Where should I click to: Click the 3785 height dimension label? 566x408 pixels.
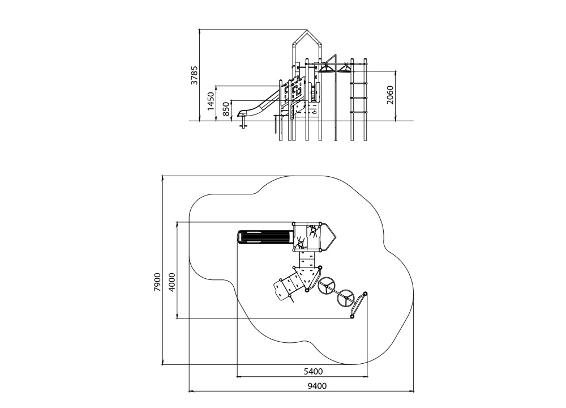pyautogui.click(x=195, y=75)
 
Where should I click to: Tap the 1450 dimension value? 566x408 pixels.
pyautogui.click(x=211, y=101)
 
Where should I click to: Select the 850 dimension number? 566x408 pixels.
pyautogui.click(x=226, y=109)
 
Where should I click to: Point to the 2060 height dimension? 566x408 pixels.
pyautogui.click(x=390, y=95)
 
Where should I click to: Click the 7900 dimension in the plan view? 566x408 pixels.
pyautogui.click(x=157, y=282)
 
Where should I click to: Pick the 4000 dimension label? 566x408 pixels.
pyautogui.click(x=172, y=282)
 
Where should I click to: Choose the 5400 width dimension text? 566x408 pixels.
pyautogui.click(x=313, y=371)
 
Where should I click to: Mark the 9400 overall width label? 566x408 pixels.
pyautogui.click(x=317, y=386)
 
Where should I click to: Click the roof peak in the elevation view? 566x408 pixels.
pyautogui.click(x=307, y=31)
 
